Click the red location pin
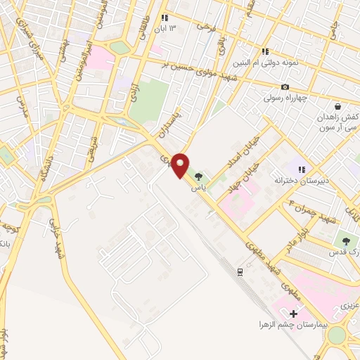[x=181, y=165]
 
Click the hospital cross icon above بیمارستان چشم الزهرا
[x=294, y=314]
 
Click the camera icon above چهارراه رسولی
[x=285, y=86]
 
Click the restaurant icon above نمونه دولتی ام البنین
[x=265, y=51]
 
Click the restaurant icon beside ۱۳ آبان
[x=164, y=18]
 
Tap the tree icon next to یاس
[x=199, y=176]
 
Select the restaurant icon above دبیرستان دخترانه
[x=302, y=169]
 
